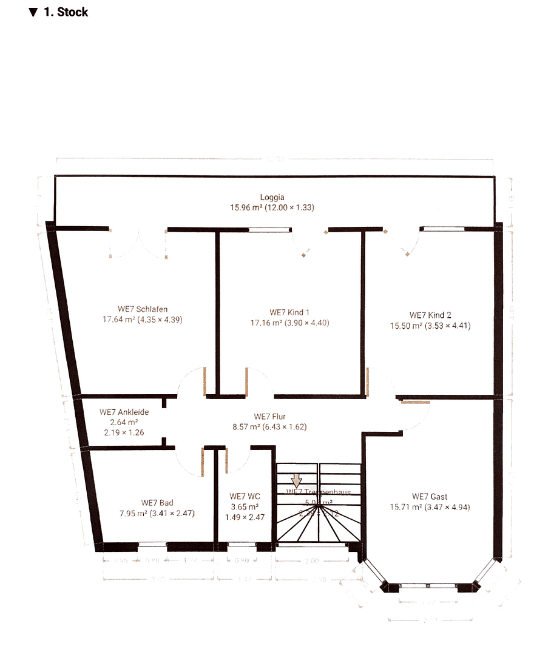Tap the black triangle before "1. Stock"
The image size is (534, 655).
pyautogui.click(x=33, y=12)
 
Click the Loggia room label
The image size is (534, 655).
pyautogui.click(x=272, y=197)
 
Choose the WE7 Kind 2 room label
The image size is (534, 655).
pyautogui.click(x=430, y=315)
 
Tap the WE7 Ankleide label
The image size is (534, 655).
pyautogui.click(x=124, y=412)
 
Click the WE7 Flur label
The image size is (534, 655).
pyautogui.click(x=270, y=417)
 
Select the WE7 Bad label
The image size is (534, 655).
pyautogui.click(x=157, y=503)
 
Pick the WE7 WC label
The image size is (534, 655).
pyautogui.click(x=245, y=497)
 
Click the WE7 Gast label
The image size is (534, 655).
pyautogui.click(x=430, y=497)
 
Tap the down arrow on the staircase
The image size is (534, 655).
pyautogui.click(x=297, y=480)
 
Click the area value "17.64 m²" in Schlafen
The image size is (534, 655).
pyautogui.click(x=119, y=320)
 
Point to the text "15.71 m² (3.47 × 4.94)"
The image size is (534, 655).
pyautogui.click(x=430, y=508)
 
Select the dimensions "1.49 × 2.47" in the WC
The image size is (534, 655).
pyautogui.click(x=245, y=517)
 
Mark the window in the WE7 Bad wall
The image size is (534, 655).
pyautogui.click(x=152, y=545)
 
